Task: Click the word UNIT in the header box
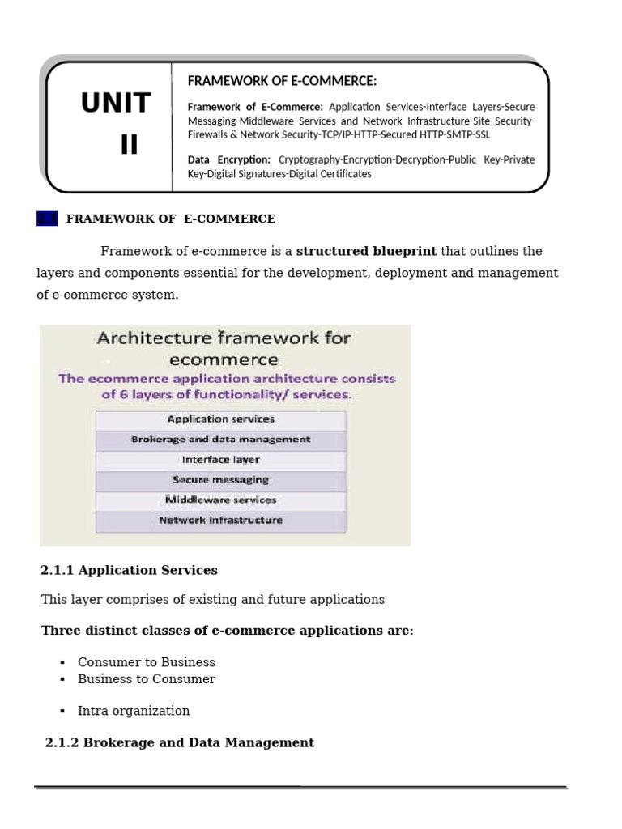pos(116,104)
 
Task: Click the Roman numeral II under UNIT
pos(129,145)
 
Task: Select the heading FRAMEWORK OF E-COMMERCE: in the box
pos(282,81)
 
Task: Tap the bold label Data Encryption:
pos(229,159)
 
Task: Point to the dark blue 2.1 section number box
pos(47,219)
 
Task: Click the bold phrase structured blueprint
pos(366,251)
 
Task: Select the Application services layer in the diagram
pos(220,419)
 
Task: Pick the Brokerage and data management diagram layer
pos(220,440)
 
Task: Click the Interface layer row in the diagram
pos(220,460)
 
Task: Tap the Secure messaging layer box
pos(220,480)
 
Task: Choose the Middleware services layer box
pos(220,500)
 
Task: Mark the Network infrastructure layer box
pos(220,521)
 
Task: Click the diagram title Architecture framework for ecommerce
pos(224,348)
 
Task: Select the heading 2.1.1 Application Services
pos(129,571)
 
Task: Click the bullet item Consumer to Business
pos(147,662)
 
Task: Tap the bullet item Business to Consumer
pos(147,679)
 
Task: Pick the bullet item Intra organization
pos(134,711)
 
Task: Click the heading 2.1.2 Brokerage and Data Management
pos(180,742)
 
